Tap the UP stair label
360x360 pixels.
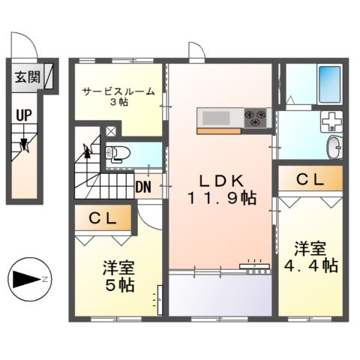[x=23, y=116]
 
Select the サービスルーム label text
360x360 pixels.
[x=118, y=91]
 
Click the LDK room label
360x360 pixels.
[x=221, y=181]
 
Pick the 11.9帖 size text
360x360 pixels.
[x=221, y=199]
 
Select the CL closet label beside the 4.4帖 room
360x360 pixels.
[x=310, y=180]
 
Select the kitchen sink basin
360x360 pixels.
[x=217, y=117]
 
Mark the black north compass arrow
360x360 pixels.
[x=28, y=280]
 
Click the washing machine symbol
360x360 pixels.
[x=331, y=121]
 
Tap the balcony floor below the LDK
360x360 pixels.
[x=219, y=294]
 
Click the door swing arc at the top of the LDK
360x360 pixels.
[x=196, y=52]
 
